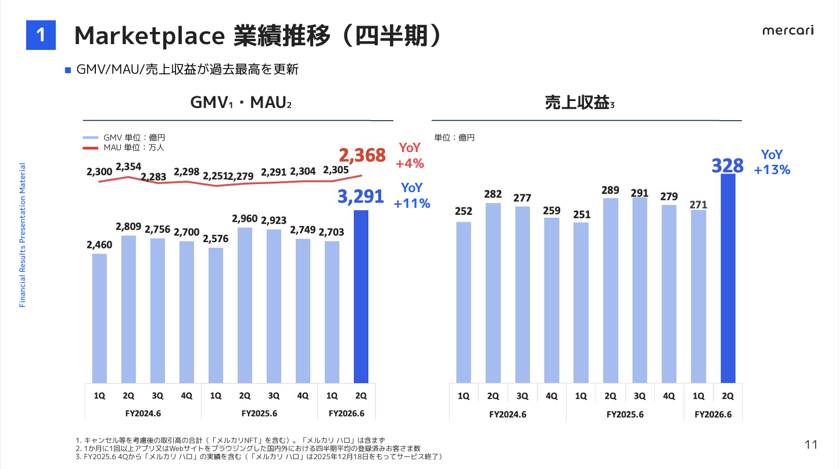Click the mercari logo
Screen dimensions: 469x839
click(x=788, y=30)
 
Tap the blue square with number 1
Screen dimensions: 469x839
click(x=41, y=35)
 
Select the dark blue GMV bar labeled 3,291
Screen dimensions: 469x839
click(x=361, y=296)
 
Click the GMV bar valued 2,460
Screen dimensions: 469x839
click(x=99, y=318)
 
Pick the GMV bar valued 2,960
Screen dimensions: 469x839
click(x=245, y=305)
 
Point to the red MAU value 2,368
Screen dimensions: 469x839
click(x=362, y=156)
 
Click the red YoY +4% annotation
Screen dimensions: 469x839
click(x=410, y=156)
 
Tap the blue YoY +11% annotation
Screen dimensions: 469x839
click(x=412, y=196)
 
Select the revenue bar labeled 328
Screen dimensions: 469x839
click(x=728, y=279)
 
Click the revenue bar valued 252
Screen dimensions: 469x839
click(x=464, y=302)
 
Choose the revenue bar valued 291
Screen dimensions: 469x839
click(x=640, y=290)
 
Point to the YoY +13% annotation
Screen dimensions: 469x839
click(x=772, y=162)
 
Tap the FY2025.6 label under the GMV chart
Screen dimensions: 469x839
click(x=259, y=413)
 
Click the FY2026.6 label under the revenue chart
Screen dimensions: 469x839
click(x=713, y=414)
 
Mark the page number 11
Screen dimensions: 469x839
click(x=811, y=445)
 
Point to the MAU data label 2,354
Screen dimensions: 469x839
click(x=128, y=167)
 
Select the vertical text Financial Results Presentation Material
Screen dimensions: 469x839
click(x=23, y=235)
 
